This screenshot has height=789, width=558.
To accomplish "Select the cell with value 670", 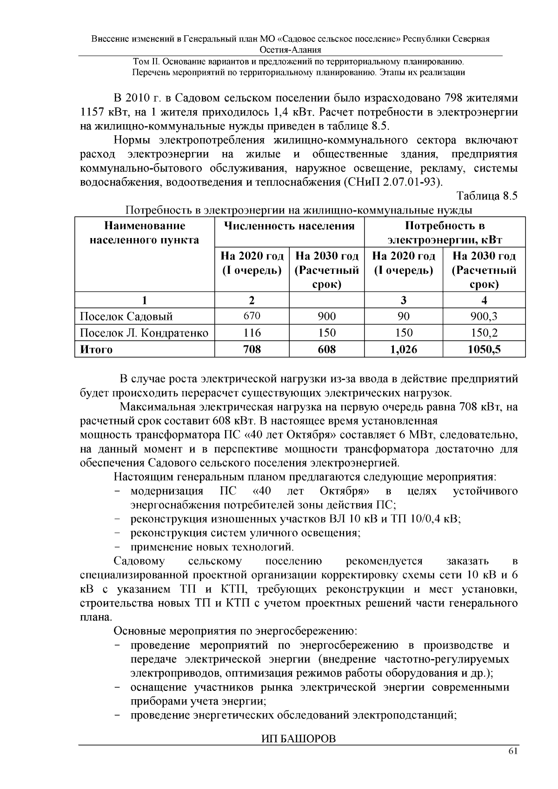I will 252,316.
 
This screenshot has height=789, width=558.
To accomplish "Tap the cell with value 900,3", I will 484,317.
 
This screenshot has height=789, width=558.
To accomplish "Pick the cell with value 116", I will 252,333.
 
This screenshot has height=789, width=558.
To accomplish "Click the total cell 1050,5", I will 484,349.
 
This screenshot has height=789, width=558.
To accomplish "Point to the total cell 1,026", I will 403,349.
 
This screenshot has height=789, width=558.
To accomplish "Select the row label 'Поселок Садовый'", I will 126,317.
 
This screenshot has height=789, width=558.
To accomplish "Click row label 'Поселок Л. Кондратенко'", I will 144,333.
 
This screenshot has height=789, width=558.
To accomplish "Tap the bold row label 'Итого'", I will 96,349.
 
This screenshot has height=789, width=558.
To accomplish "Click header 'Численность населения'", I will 289,226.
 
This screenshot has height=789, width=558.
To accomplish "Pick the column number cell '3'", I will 403,300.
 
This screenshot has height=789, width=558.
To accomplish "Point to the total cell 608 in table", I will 326,349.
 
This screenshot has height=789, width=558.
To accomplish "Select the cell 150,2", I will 484,333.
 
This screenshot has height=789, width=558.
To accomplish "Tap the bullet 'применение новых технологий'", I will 212,547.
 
